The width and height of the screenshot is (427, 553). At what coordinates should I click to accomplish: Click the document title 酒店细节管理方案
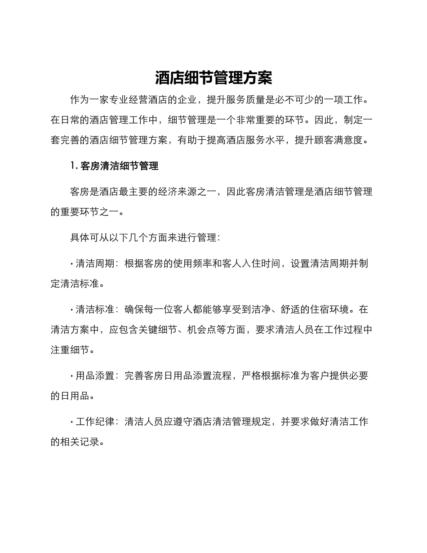[213, 78]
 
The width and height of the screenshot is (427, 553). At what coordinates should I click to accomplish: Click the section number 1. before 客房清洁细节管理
[74, 166]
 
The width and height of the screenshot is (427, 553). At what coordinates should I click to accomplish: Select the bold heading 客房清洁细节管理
[120, 166]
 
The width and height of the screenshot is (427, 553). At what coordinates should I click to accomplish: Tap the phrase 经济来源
[179, 192]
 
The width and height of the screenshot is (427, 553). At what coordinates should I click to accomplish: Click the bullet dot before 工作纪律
[72, 422]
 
